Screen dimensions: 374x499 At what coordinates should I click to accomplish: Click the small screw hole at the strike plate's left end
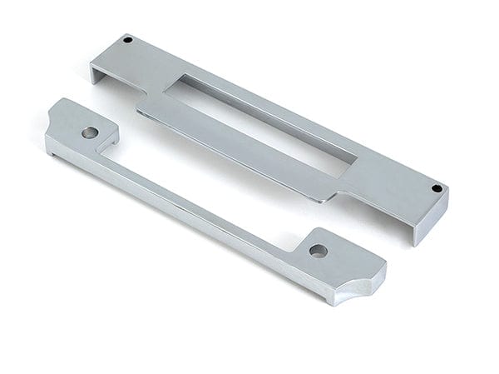point(128,40)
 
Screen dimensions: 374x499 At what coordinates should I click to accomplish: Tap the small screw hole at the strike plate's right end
point(437,188)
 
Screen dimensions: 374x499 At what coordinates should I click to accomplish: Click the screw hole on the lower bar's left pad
point(89,132)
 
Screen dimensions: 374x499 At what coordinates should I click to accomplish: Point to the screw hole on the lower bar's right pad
point(318,250)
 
